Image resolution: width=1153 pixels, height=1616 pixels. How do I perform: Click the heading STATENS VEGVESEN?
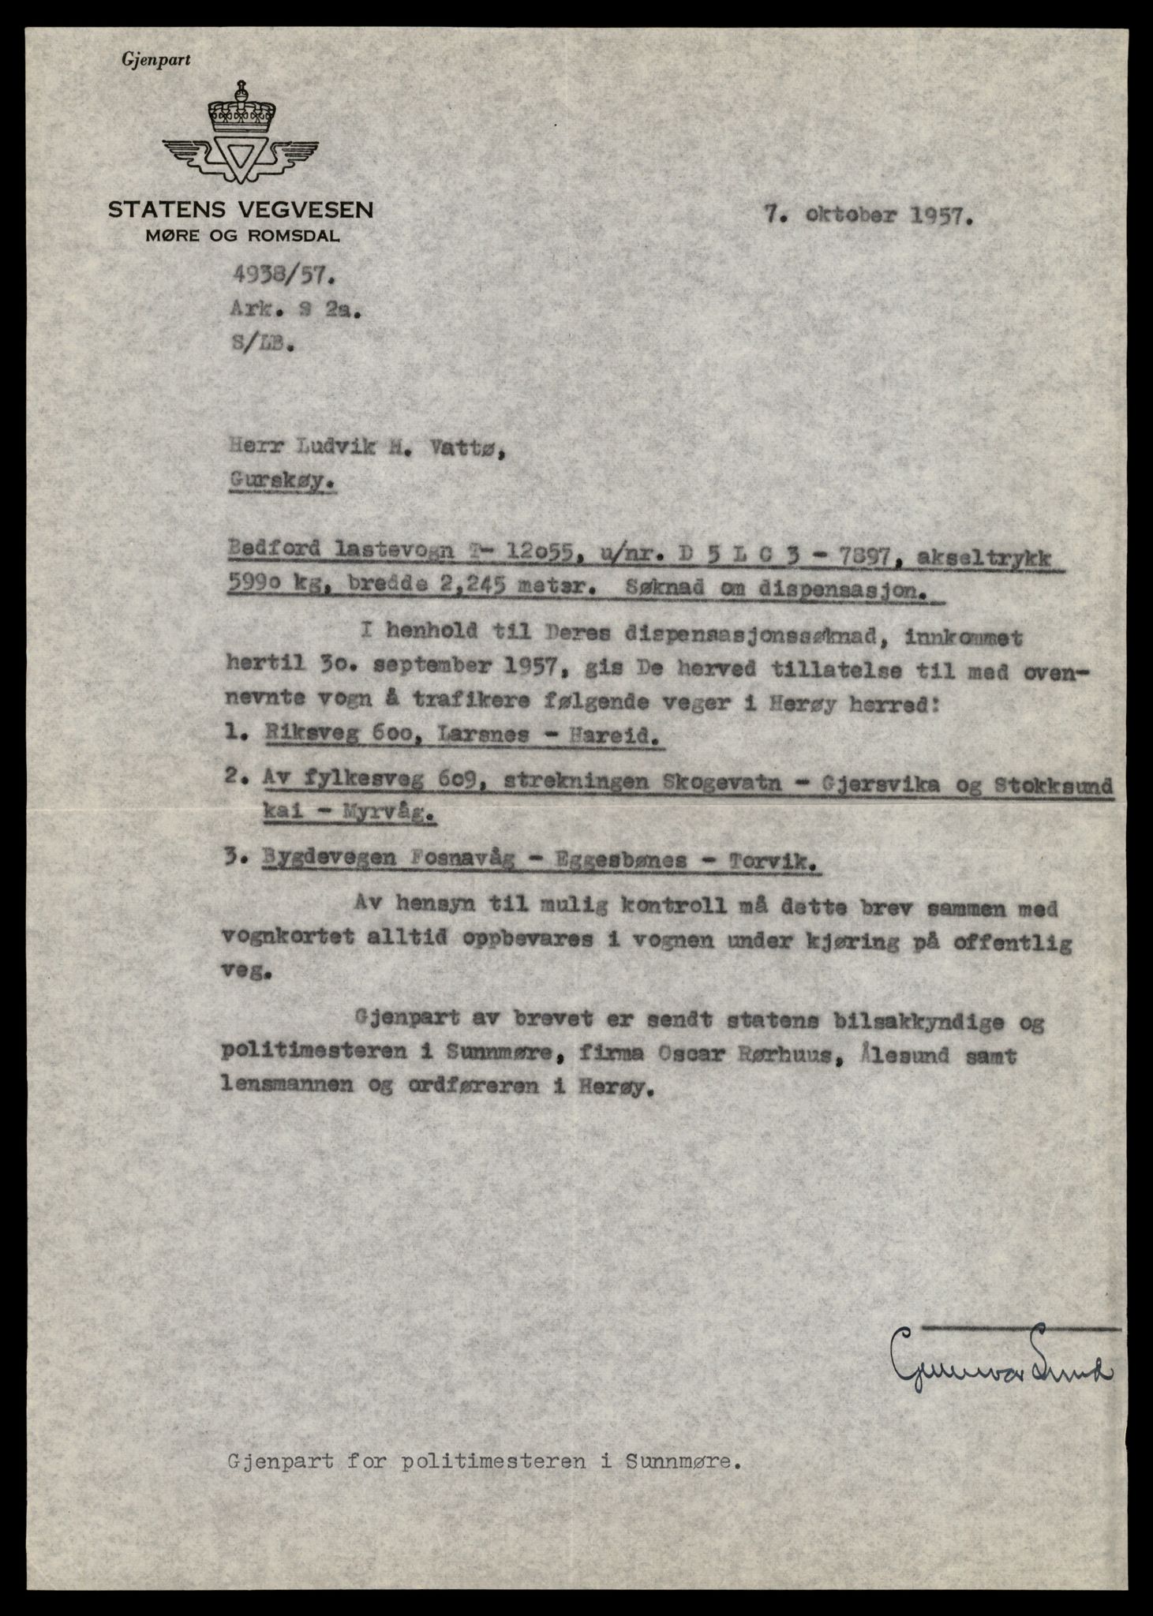tap(241, 210)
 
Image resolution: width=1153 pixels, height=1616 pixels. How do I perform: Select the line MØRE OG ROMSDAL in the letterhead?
tap(241, 235)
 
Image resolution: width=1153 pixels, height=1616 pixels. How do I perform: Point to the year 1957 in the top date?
tap(941, 216)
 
